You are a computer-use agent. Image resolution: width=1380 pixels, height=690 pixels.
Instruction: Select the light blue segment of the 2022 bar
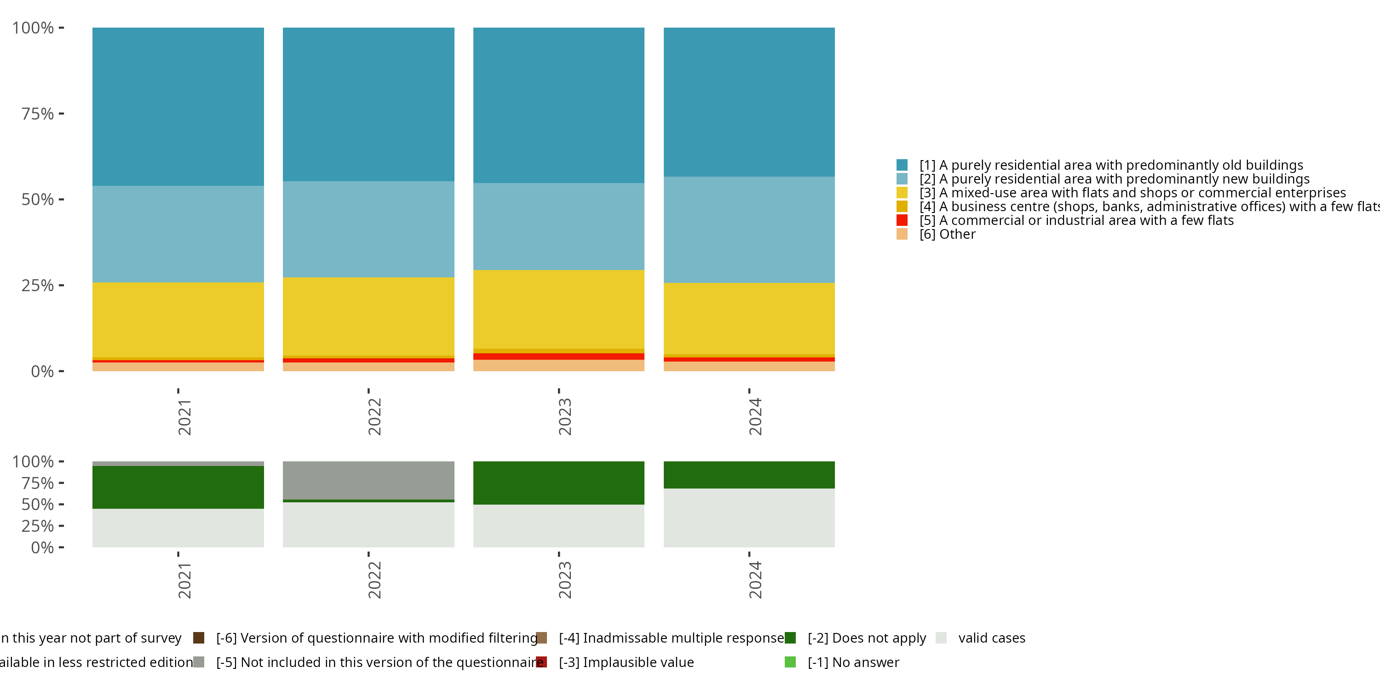pos(368,229)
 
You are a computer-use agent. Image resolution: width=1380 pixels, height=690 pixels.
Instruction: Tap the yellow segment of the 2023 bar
pos(558,309)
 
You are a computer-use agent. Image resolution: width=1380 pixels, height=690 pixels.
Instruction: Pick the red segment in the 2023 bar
pos(558,356)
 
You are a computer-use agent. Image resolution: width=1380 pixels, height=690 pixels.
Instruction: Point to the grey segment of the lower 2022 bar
pos(368,480)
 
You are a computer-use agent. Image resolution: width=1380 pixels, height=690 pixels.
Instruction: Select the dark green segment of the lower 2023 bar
pos(558,482)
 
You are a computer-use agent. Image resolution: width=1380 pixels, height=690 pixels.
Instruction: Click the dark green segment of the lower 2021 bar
pos(178,487)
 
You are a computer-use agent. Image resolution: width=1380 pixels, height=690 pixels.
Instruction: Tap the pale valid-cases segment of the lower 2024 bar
pos(748,517)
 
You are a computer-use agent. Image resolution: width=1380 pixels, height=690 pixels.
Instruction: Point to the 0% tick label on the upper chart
pos(42,371)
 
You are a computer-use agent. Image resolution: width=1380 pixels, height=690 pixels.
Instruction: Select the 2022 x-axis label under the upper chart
pos(374,417)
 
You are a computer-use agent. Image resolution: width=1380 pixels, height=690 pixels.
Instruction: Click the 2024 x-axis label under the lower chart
pos(754,580)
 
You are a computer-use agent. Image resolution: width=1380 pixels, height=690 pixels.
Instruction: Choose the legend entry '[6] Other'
pos(947,234)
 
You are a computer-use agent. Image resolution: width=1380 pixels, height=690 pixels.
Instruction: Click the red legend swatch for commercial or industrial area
pos(902,220)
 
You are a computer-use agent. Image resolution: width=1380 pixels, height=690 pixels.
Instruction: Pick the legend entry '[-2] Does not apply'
pos(866,638)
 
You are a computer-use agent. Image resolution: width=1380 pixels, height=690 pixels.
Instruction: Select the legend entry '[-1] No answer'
pos(853,662)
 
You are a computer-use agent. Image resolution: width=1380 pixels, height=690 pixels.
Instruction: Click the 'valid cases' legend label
pos(992,638)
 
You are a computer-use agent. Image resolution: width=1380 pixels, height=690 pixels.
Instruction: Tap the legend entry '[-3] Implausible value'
pos(626,662)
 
